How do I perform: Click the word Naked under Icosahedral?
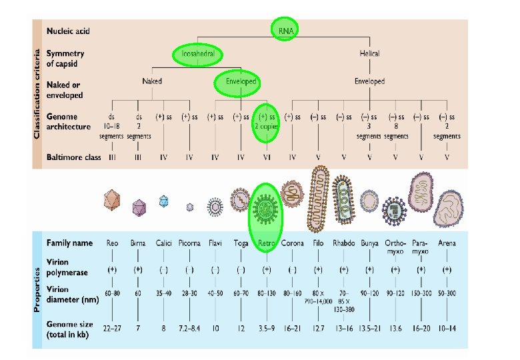coord(152,81)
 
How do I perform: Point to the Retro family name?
coord(267,243)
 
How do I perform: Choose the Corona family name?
coord(292,243)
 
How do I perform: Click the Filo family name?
coord(318,243)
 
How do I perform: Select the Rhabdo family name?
coord(344,243)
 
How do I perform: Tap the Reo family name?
coord(112,243)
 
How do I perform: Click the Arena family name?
coord(447,243)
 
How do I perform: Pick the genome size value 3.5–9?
coord(267,329)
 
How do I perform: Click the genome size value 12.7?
coord(318,329)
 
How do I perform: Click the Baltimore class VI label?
coord(266,157)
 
